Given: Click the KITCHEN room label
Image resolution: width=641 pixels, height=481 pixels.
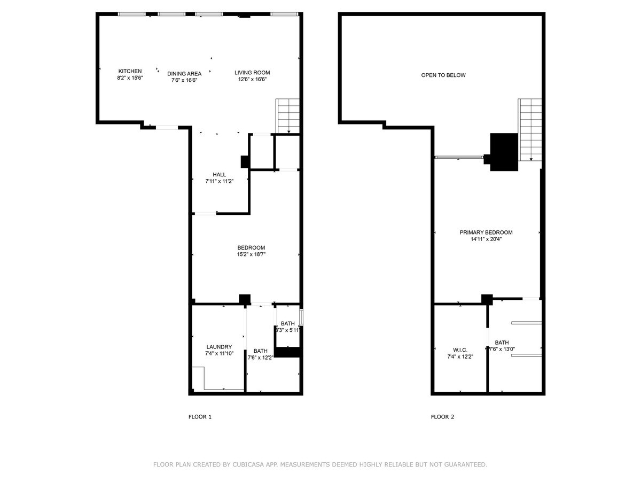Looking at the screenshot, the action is [x=130, y=71].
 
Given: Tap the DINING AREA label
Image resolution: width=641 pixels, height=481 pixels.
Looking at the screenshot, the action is [x=184, y=74].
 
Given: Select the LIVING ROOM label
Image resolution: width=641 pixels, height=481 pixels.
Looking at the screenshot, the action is [x=252, y=73].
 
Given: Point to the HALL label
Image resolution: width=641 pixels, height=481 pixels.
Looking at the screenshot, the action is [x=220, y=175].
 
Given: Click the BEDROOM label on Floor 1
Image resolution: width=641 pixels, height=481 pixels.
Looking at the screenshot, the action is [x=251, y=247].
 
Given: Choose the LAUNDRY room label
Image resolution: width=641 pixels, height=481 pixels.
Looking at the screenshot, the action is [x=219, y=347].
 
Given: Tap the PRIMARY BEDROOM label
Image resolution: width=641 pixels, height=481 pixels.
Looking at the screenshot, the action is [x=486, y=232].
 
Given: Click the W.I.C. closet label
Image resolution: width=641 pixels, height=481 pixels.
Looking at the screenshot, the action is [x=460, y=350].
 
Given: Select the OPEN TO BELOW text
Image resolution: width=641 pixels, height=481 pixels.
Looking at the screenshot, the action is [x=443, y=75].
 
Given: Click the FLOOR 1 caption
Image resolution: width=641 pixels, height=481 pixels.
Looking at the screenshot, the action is [x=200, y=417].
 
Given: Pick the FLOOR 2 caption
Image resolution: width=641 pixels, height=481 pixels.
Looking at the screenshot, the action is [x=443, y=417].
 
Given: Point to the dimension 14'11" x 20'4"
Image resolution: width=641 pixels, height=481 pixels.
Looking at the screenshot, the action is [x=486, y=239].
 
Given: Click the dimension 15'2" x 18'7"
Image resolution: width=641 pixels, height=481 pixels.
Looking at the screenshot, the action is [x=251, y=254].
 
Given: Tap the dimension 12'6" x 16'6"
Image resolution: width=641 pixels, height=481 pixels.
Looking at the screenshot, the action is [x=252, y=79].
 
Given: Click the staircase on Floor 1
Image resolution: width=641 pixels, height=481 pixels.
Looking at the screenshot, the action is [x=287, y=116].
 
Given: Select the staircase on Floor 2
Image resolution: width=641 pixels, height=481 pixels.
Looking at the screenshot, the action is [x=530, y=130].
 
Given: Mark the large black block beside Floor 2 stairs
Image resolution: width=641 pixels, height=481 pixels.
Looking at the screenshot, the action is [x=504, y=152].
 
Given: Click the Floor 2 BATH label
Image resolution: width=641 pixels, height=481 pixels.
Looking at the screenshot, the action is [x=502, y=342].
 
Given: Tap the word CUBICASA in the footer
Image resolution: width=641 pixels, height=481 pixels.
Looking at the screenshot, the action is [x=245, y=464].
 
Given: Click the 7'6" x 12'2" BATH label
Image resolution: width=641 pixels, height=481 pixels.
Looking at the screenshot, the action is [x=261, y=354].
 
